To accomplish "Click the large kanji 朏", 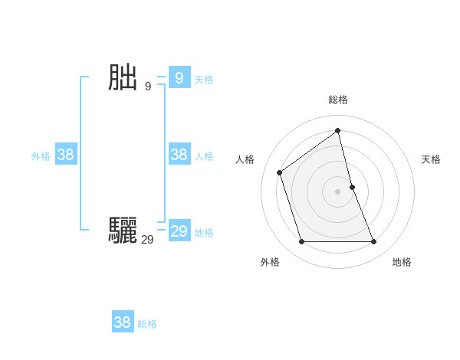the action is coord(123,78).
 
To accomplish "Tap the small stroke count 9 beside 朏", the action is coord(148,86).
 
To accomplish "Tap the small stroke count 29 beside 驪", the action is coord(147,240).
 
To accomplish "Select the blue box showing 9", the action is coord(179,78).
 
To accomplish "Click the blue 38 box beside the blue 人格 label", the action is coord(179,155).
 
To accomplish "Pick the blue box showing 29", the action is coord(179,231).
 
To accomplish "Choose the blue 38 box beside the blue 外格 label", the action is coord(65,155).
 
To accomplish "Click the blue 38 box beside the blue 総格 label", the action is coord(122,322).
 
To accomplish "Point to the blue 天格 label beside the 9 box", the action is coord(204,79).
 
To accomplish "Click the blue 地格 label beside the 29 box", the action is coord(204,233).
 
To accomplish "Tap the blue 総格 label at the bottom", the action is coord(147,324).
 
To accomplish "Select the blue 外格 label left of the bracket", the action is coord(41,156).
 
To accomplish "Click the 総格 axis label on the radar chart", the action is coord(337,100).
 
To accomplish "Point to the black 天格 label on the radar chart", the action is coord(431,159).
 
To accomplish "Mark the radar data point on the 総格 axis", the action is coord(337,130).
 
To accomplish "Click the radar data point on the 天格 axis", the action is coord(352,186).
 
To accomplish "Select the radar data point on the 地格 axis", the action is coord(374,242).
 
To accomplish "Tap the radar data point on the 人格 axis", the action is coord(280,172).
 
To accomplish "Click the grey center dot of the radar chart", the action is coord(337,191).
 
